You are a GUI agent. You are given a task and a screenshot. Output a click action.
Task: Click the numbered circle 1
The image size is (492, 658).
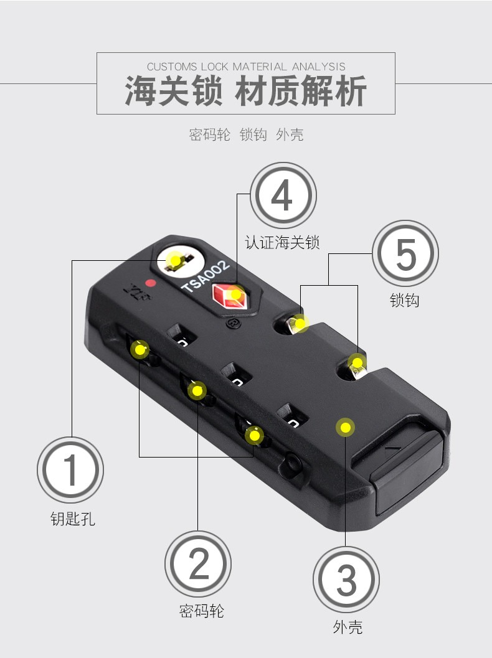pyautogui.click(x=70, y=469)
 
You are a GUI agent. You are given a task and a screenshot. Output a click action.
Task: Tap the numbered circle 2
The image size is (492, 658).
pyautogui.click(x=197, y=563)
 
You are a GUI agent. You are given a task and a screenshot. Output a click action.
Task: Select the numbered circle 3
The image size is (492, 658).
pyautogui.click(x=346, y=580)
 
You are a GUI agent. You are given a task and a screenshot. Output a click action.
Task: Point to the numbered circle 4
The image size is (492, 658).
pyautogui.click(x=283, y=195)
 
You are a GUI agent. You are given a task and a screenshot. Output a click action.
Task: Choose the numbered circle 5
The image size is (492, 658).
pyautogui.click(x=405, y=253)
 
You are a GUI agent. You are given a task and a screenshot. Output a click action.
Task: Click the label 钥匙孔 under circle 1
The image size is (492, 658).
pyautogui.click(x=73, y=519)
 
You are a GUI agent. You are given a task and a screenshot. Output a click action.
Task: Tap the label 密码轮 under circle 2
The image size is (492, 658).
pyautogui.click(x=202, y=611)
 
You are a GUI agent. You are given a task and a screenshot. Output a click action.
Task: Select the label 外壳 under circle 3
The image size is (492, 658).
pyautogui.click(x=348, y=627)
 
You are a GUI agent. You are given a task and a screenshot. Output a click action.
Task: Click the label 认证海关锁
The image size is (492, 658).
pyautogui.click(x=283, y=243)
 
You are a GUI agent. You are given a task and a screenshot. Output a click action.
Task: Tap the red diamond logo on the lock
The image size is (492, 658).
pyautogui.click(x=229, y=296)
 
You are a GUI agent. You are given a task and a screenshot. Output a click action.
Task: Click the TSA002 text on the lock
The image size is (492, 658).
pyautogui.click(x=206, y=276)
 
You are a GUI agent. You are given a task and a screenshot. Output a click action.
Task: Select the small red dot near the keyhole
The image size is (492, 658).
pyautogui.click(x=151, y=283)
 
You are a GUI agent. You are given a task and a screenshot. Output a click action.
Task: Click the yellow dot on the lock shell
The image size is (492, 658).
pyautogui.click(x=345, y=428)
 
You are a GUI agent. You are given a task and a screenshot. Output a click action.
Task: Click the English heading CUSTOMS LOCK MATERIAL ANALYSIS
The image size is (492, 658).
pyautogui.click(x=246, y=67)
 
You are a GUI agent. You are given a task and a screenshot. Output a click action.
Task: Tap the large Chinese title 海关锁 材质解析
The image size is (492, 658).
pyautogui.click(x=246, y=91)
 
